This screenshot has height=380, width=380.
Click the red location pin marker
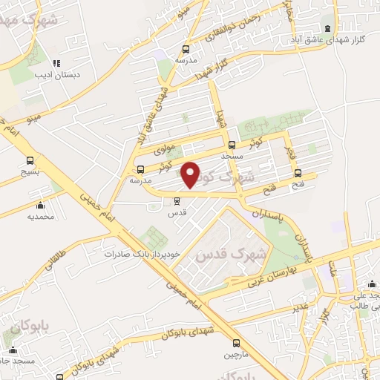pyautogui.click(x=191, y=175)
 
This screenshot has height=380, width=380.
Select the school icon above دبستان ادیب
pyautogui.click(x=64, y=63)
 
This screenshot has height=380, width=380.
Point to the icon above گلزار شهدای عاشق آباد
pyautogui.click(x=328, y=29)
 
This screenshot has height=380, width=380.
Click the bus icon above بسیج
pyautogui.click(x=30, y=160)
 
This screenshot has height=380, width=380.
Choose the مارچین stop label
pyautogui.click(x=236, y=355)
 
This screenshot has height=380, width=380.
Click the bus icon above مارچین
pyautogui.click(x=236, y=343)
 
